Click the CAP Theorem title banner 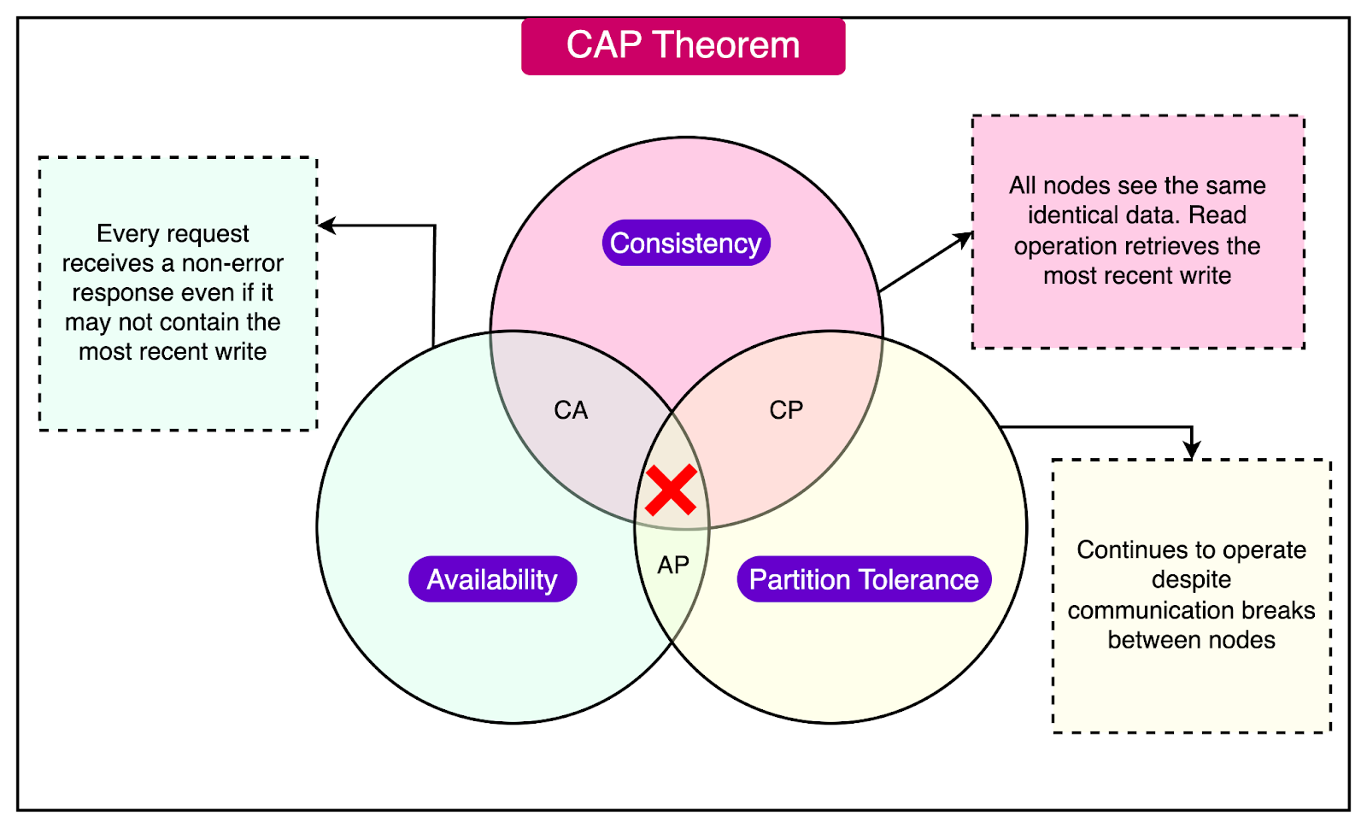click(x=683, y=46)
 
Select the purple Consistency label click(x=686, y=244)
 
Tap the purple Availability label click(x=492, y=579)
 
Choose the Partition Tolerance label click(x=864, y=579)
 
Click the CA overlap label click(x=571, y=410)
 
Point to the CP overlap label click(x=786, y=410)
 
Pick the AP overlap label click(x=673, y=565)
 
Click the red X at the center click(x=671, y=490)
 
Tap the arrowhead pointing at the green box click(x=326, y=226)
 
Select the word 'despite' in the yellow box click(x=1191, y=579)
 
